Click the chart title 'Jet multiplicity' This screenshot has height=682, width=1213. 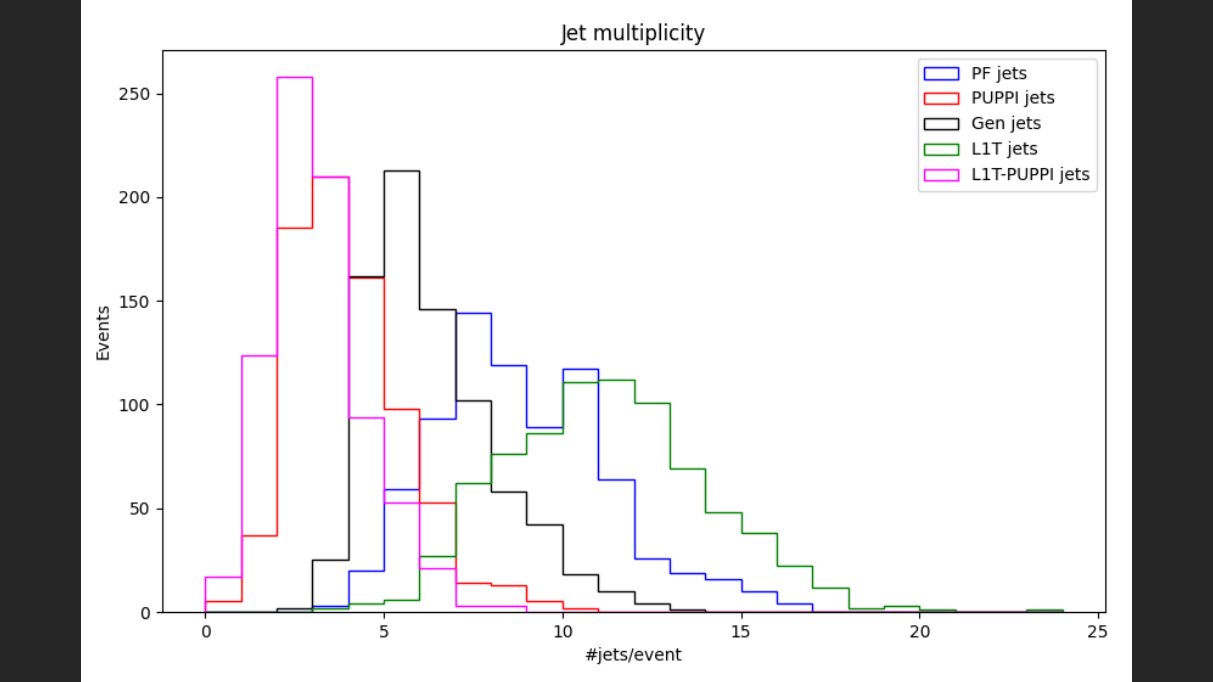tap(632, 33)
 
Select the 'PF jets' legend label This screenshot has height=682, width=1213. tap(999, 73)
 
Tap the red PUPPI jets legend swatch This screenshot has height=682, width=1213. tap(941, 98)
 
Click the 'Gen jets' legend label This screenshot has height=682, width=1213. tap(1006, 123)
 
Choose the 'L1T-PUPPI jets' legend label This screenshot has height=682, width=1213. tap(1030, 175)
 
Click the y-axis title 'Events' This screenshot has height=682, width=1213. tap(103, 333)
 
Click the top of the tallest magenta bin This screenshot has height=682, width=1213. tap(295, 78)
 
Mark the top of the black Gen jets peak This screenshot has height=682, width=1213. tap(402, 171)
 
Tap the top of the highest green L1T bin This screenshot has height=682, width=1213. tap(616, 380)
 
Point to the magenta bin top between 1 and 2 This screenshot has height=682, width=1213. tap(259, 356)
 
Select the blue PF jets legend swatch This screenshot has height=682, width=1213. tap(941, 73)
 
